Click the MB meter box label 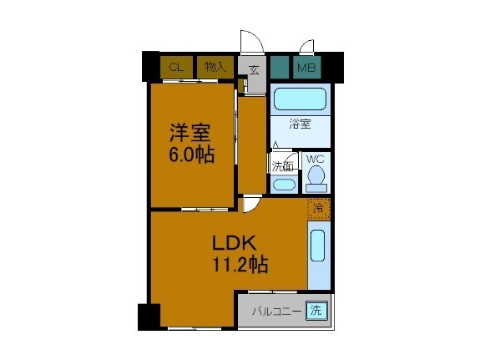(x=306, y=68)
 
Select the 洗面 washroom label (x=282, y=165)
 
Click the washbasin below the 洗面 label (x=283, y=184)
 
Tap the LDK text (x=226, y=244)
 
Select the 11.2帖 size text (x=238, y=266)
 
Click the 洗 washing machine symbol (x=316, y=311)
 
